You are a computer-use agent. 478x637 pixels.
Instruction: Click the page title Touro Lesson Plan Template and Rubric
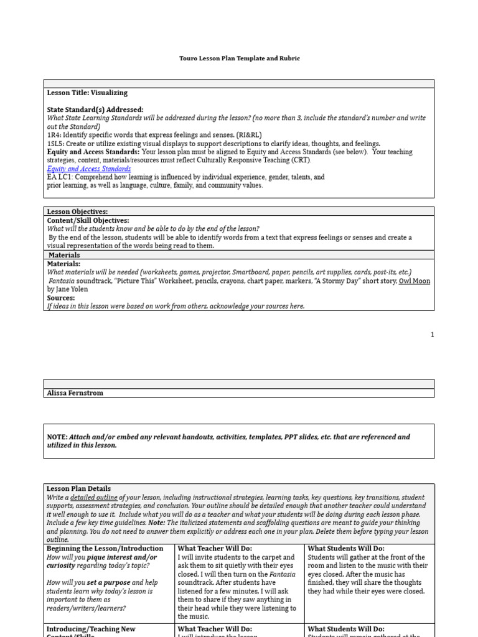pos(239,58)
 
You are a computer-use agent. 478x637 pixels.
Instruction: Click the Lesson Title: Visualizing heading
pos(87,93)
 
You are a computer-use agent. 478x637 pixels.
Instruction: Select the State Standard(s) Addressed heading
pos(95,109)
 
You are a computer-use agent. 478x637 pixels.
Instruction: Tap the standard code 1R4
pos(53,135)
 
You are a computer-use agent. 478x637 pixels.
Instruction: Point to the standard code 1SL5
pos(55,143)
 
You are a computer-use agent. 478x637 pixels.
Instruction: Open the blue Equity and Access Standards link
pos(89,169)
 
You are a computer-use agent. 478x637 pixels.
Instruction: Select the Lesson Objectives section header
pos(77,212)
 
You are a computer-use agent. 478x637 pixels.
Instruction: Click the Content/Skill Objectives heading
pos(88,220)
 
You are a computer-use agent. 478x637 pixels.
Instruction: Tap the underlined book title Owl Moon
pos(415,281)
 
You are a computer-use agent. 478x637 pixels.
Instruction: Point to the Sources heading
pos(61,298)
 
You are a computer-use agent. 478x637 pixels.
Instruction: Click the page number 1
pos(432,335)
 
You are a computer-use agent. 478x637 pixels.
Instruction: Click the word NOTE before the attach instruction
pos(57,437)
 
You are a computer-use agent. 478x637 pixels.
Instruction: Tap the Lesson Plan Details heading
pos(78,489)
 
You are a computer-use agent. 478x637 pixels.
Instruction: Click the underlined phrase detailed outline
pos(94,498)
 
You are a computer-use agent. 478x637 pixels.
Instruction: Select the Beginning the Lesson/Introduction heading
pos(105,549)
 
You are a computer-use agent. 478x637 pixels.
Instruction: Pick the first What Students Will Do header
pos(346,549)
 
